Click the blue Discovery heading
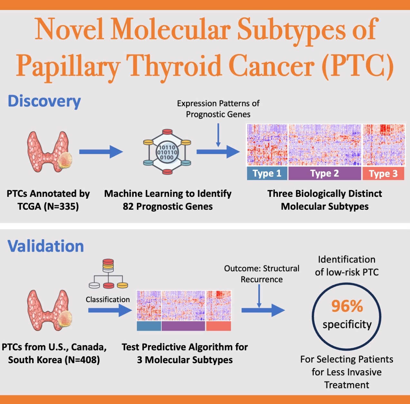click(x=44, y=101)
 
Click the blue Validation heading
click(x=45, y=246)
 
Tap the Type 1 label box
click(x=267, y=173)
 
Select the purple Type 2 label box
click(x=325, y=173)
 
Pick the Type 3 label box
click(x=383, y=173)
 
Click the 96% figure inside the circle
click(x=347, y=306)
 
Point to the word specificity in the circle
click(x=347, y=325)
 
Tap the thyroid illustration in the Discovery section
click(x=50, y=152)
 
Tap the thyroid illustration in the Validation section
click(x=50, y=310)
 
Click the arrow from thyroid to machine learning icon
click(x=101, y=152)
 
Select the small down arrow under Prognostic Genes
click(x=218, y=135)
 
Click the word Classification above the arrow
click(x=108, y=299)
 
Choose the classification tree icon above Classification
click(x=108, y=273)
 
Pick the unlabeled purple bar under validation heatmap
click(x=183, y=326)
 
